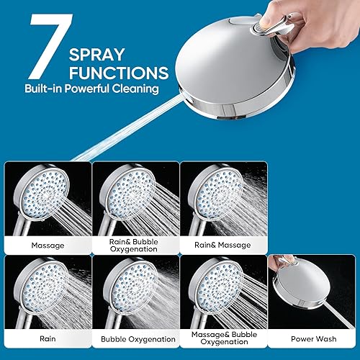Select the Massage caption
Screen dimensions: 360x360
pyautogui.click(x=47, y=245)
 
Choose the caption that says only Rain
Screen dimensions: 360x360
pyautogui.click(x=47, y=338)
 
